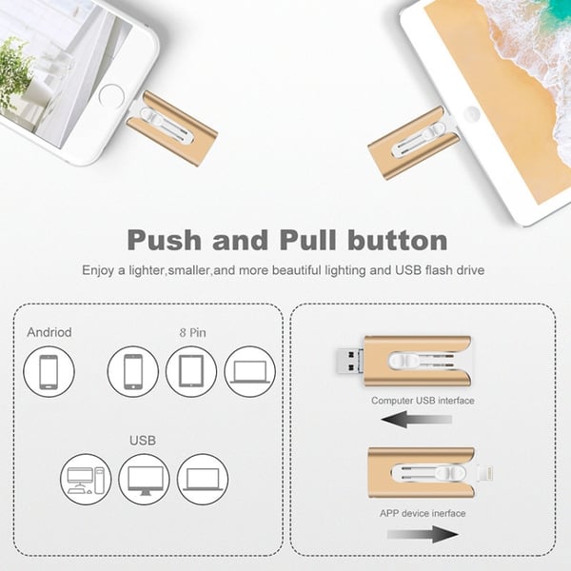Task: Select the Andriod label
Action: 49,333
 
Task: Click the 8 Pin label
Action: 191,333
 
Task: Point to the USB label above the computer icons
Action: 143,441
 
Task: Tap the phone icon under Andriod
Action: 49,372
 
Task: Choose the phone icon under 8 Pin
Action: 133,372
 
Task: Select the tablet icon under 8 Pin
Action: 191,372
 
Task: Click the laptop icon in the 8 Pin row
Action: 249,372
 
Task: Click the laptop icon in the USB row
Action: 203,480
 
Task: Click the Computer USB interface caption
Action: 423,401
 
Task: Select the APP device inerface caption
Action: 423,513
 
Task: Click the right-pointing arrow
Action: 424,536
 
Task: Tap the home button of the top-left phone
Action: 111,95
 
